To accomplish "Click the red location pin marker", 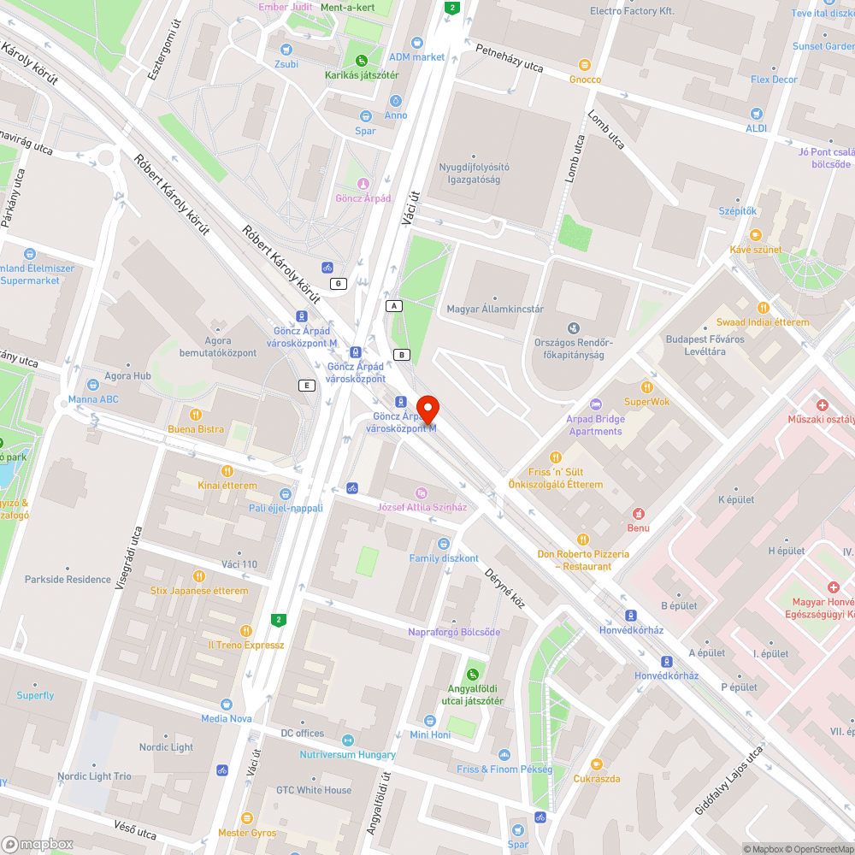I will (x=427, y=408).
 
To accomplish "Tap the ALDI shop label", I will (x=756, y=128).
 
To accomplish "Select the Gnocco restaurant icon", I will (x=585, y=64).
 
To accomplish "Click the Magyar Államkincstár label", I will (x=495, y=309).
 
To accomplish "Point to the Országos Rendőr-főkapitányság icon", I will (x=573, y=327).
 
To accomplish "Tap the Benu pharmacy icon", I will (x=638, y=513).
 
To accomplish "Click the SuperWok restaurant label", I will (x=646, y=401).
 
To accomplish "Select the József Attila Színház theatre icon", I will (x=421, y=492).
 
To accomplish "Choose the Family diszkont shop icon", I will (x=443, y=544).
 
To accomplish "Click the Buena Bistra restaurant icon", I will (x=196, y=415).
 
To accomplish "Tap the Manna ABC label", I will (x=93, y=399).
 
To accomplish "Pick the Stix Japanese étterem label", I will (x=198, y=591).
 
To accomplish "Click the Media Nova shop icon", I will (x=226, y=704).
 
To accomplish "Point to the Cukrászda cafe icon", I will (x=597, y=764).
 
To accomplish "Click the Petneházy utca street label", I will (x=510, y=57).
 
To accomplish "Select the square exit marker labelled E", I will (x=306, y=386).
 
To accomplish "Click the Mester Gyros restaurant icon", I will (x=247, y=818).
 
